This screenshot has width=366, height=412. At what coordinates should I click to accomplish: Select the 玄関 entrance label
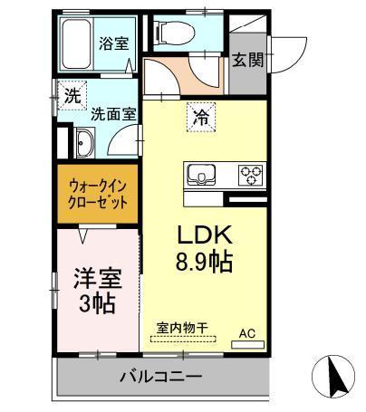pos(246,60)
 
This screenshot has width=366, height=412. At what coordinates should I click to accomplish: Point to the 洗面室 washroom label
pos(113,115)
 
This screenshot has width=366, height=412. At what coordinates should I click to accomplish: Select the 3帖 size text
pos(97,303)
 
